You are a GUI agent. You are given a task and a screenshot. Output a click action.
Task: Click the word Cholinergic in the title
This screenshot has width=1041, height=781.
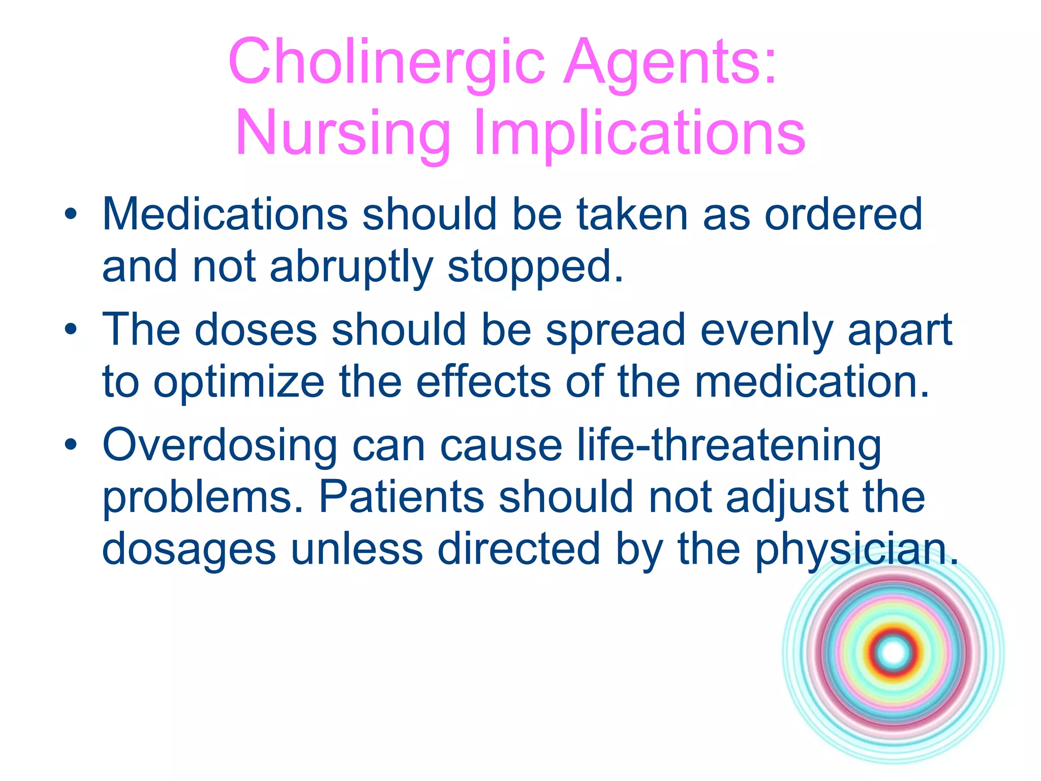386,62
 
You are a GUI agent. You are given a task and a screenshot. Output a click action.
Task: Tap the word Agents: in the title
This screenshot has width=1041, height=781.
670,62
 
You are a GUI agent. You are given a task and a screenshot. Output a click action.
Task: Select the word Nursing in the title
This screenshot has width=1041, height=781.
343,133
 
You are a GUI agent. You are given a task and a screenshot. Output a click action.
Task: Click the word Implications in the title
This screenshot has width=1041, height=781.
639,133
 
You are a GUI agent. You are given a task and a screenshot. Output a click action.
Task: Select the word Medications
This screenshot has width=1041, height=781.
225,214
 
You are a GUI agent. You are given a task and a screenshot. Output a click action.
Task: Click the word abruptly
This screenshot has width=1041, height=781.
351,266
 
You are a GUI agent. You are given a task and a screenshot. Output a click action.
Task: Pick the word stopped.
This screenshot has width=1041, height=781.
535,266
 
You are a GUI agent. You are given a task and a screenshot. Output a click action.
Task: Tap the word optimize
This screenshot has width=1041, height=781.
239,382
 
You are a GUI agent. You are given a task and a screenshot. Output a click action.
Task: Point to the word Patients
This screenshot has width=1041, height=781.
401,497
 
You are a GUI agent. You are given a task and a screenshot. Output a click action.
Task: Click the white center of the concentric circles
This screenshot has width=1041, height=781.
894,653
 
